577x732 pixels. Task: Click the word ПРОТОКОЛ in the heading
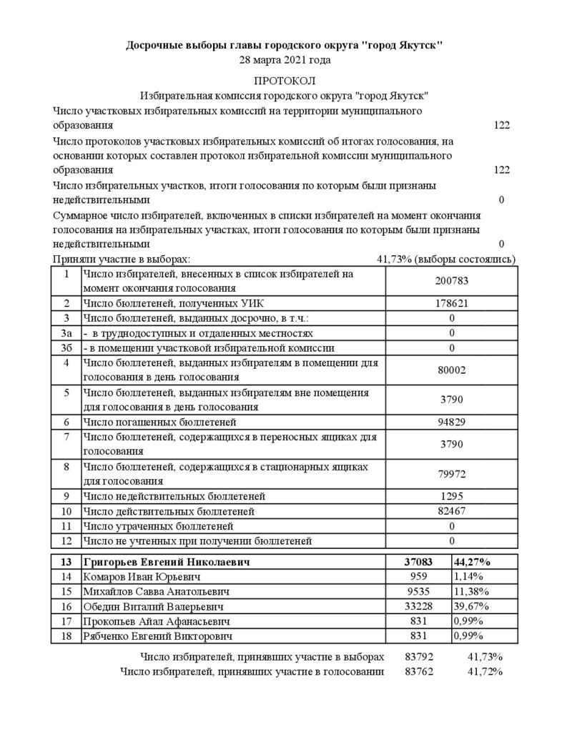(285, 81)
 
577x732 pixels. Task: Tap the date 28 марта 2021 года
(285, 60)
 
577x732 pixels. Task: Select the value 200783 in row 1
(452, 281)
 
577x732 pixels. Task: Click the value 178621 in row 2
(452, 303)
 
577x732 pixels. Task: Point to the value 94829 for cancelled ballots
(452, 422)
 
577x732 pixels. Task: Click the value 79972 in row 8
(452, 474)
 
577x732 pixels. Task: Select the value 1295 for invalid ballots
(452, 495)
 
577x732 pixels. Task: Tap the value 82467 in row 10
(452, 512)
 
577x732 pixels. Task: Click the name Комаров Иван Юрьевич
(140, 577)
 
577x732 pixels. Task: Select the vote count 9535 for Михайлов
(418, 592)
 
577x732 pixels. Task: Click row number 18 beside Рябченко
(66, 635)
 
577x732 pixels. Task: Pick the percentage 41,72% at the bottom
(486, 672)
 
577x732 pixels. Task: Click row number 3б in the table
(66, 348)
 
